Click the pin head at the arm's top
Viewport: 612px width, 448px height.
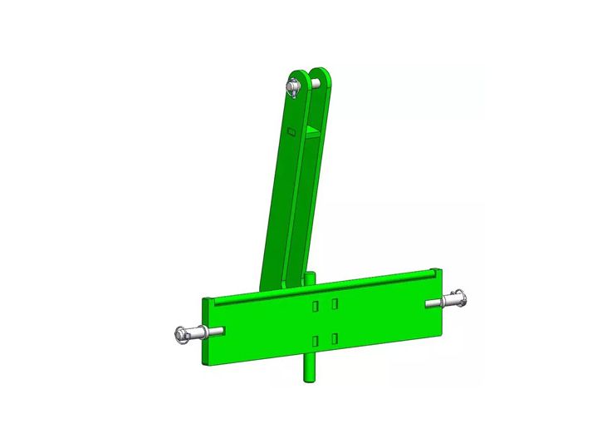[x=293, y=86]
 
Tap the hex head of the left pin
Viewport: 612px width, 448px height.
[x=184, y=334]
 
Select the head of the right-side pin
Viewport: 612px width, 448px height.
[x=459, y=297]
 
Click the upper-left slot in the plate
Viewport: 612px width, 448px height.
[x=316, y=308]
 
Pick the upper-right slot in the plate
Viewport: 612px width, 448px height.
[x=334, y=304]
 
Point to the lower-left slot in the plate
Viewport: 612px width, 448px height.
[x=316, y=341]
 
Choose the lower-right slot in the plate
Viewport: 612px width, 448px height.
[x=334, y=337]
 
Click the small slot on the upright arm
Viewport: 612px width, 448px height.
[x=291, y=131]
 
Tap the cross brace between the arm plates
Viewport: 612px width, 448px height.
[x=310, y=131]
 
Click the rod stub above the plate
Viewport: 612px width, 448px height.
[x=309, y=278]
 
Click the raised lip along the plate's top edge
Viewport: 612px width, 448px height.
[x=332, y=283]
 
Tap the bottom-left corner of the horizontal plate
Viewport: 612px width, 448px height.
[x=209, y=362]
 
